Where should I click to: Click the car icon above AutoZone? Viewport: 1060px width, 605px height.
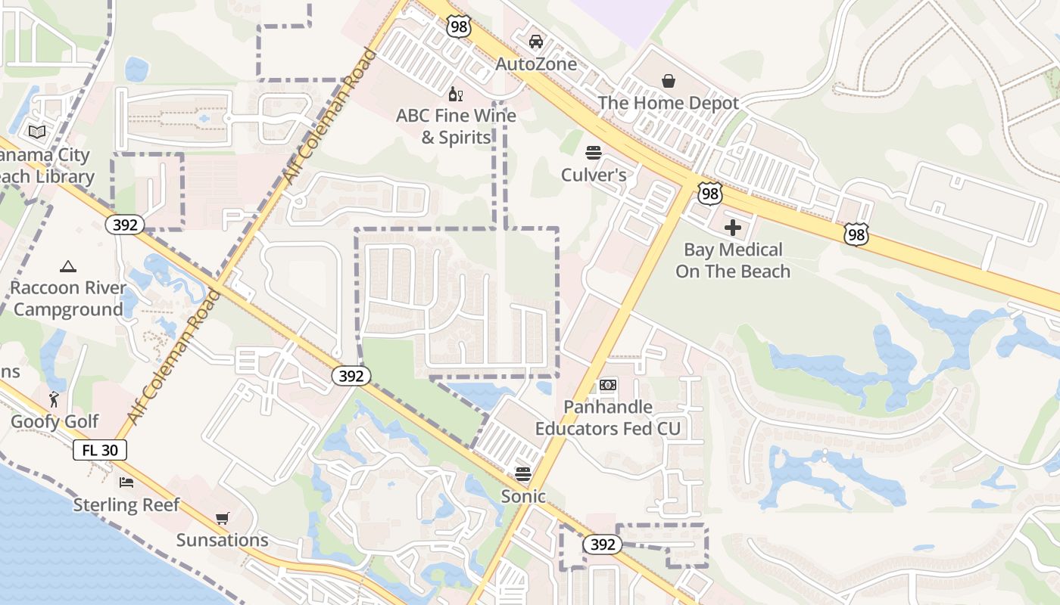click(536, 41)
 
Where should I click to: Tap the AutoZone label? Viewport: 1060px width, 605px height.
click(536, 64)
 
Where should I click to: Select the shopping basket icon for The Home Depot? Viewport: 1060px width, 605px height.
click(669, 80)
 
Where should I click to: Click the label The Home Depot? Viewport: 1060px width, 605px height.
click(669, 103)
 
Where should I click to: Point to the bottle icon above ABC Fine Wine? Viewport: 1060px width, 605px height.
click(456, 94)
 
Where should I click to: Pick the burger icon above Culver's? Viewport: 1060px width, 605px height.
click(594, 153)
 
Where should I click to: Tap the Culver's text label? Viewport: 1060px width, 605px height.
click(594, 175)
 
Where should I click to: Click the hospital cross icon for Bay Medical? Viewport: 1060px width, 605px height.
click(733, 227)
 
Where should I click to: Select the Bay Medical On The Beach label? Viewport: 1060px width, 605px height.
click(733, 260)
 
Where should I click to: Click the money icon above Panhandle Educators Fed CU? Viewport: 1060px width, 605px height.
click(608, 385)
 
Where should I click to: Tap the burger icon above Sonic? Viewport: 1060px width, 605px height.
click(523, 474)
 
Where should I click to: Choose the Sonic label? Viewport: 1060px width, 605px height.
click(523, 497)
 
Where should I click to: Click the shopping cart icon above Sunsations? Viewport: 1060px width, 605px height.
click(223, 518)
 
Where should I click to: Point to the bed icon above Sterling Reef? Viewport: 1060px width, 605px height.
click(126, 482)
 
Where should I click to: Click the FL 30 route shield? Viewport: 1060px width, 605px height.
click(100, 451)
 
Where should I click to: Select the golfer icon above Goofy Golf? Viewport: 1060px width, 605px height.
click(55, 399)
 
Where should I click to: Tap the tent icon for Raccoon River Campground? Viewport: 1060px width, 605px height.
click(68, 266)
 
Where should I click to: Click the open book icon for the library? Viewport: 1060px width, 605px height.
click(36, 132)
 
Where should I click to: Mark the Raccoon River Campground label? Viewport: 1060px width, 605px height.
click(68, 299)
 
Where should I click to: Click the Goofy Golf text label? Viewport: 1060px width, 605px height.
click(55, 421)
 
